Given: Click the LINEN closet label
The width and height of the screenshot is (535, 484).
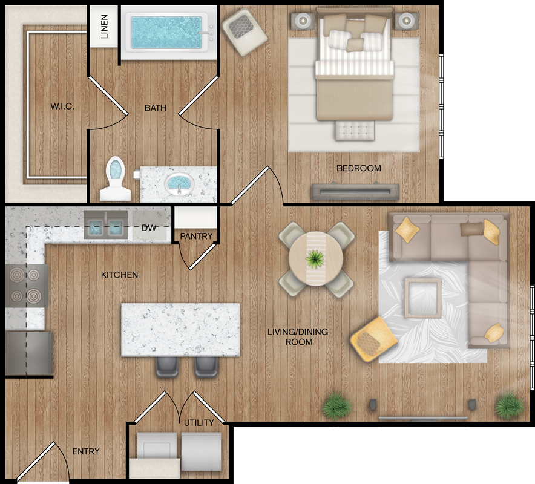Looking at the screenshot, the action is [x=105, y=26].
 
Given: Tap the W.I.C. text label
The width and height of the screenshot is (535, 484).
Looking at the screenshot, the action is [x=62, y=106].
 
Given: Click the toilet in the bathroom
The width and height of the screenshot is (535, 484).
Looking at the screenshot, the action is [x=116, y=180].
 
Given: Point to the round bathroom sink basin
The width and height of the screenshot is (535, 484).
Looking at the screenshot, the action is [x=179, y=183].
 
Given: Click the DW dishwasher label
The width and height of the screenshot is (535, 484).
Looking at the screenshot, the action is [x=149, y=228].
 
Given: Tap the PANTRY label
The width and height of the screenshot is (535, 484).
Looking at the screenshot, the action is [x=196, y=236].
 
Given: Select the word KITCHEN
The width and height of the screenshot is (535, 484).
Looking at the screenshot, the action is [x=119, y=275].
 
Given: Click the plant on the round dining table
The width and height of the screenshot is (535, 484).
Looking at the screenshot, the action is [x=315, y=259].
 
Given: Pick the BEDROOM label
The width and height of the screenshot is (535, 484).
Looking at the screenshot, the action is [x=359, y=168].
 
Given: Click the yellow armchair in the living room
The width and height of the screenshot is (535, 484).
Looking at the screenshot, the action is [x=373, y=339].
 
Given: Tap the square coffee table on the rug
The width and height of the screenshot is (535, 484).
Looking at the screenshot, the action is [x=423, y=298].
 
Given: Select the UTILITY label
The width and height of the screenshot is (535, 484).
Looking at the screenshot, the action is [x=199, y=423].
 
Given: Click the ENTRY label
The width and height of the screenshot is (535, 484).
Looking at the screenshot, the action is [x=86, y=451].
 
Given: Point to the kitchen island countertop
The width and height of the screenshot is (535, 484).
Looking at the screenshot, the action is [x=181, y=330].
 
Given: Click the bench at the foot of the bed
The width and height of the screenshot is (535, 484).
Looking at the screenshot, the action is [x=355, y=130].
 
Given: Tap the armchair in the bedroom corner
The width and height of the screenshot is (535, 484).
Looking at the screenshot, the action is [x=244, y=33].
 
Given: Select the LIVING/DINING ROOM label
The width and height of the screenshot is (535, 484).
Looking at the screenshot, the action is [x=298, y=336].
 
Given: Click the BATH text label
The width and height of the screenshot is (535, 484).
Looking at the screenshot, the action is [x=156, y=108].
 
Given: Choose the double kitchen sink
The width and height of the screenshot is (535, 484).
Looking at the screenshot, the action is [x=106, y=225].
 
